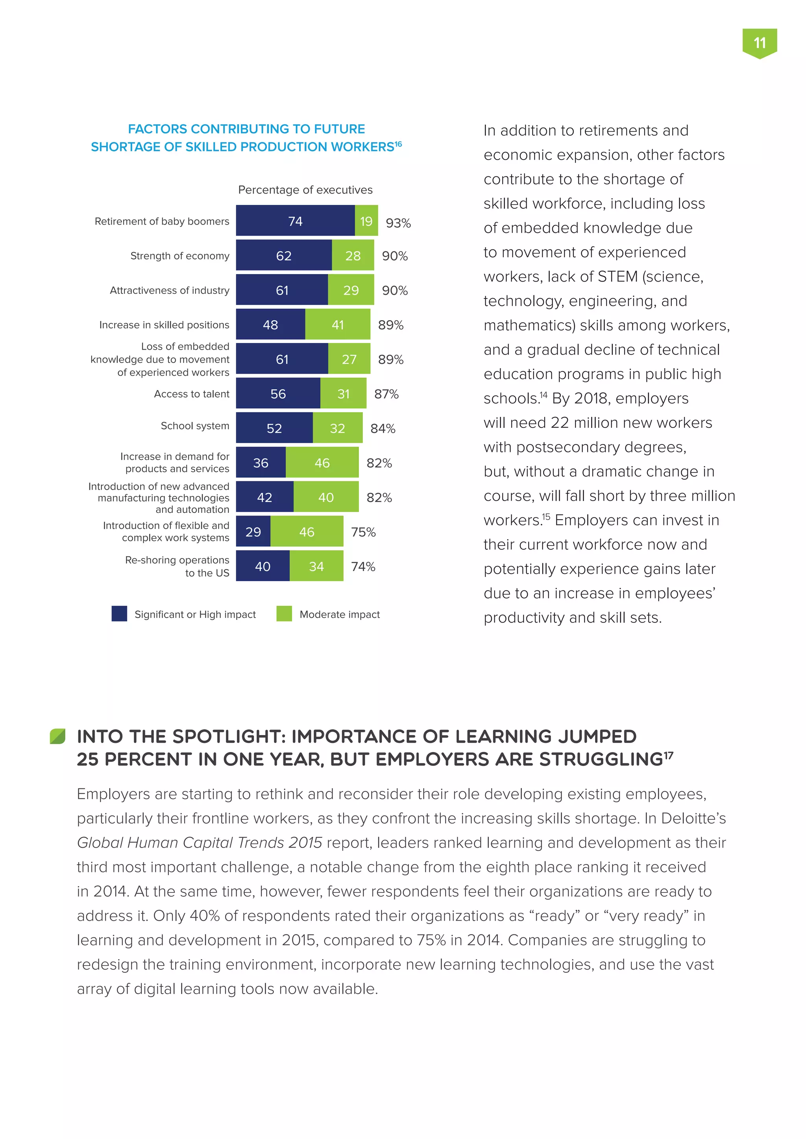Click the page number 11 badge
click(759, 43)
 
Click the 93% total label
click(398, 223)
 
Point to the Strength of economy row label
click(180, 256)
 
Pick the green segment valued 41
click(338, 324)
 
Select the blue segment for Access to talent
click(278, 393)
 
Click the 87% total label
click(386, 394)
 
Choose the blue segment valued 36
click(261, 463)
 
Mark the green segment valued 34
click(316, 566)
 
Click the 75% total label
click(363, 532)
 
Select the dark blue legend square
click(119, 614)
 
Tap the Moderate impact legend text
click(340, 614)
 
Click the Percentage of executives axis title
click(305, 190)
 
